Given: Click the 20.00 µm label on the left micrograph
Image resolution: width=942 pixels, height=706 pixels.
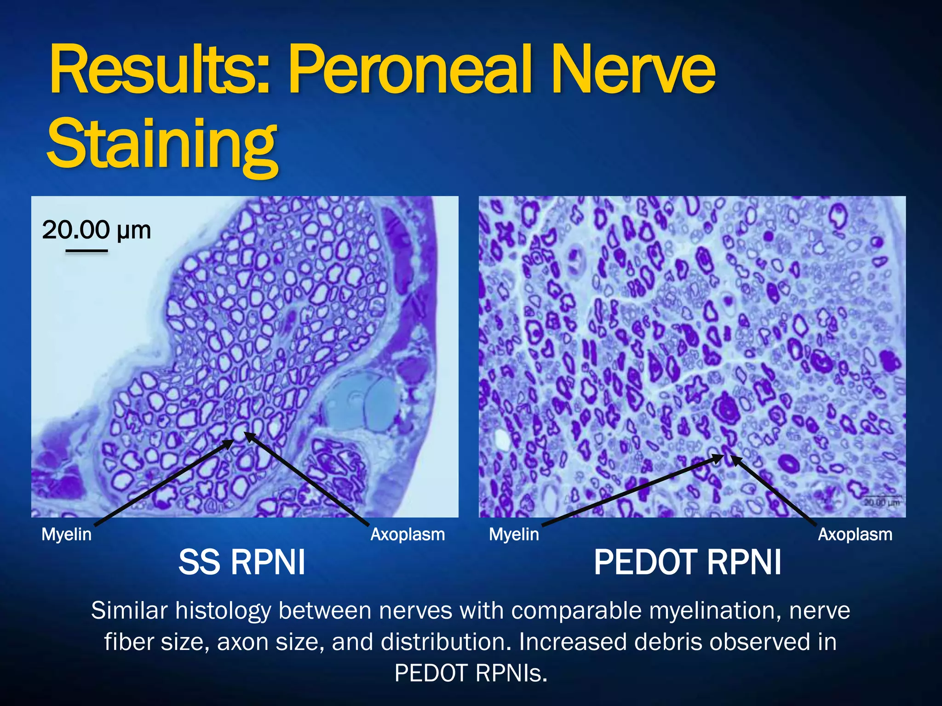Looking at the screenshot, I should [x=96, y=229].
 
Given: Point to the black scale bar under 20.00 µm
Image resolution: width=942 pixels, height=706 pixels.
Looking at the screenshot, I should [x=86, y=251].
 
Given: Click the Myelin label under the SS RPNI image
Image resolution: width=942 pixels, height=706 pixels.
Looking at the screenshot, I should [x=66, y=535].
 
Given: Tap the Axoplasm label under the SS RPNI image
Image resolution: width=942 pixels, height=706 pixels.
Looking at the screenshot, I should [x=408, y=535].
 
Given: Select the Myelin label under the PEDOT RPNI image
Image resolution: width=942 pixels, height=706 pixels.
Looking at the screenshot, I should [x=514, y=535].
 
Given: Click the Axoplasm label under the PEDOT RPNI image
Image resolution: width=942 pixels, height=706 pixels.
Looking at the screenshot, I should [x=855, y=535].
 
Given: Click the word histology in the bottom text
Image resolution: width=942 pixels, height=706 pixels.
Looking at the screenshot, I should [x=223, y=611].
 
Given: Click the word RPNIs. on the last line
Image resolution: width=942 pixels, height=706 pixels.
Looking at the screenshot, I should [x=511, y=673].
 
